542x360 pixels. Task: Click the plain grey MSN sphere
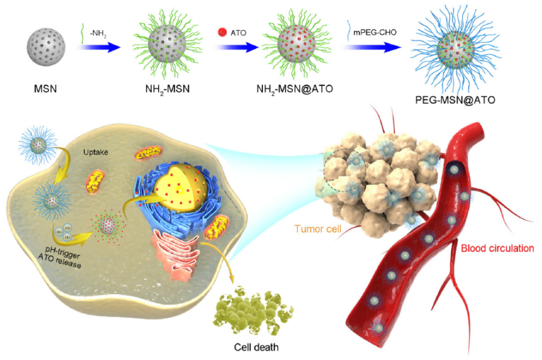click(46, 47)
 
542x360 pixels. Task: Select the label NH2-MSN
click(167, 89)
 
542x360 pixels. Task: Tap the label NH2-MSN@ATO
click(294, 89)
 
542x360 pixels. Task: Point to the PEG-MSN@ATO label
click(455, 100)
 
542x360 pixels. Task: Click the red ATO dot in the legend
click(222, 32)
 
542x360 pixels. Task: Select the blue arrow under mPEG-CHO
click(372, 47)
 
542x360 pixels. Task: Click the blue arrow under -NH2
click(98, 47)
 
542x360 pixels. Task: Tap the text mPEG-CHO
click(374, 32)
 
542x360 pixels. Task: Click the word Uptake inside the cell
click(95, 152)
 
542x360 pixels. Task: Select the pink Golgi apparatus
click(175, 253)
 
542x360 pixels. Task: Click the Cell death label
click(256, 347)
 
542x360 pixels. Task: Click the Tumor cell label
click(317, 229)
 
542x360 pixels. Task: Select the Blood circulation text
click(497, 248)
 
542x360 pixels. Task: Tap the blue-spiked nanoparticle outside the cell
click(38, 144)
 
